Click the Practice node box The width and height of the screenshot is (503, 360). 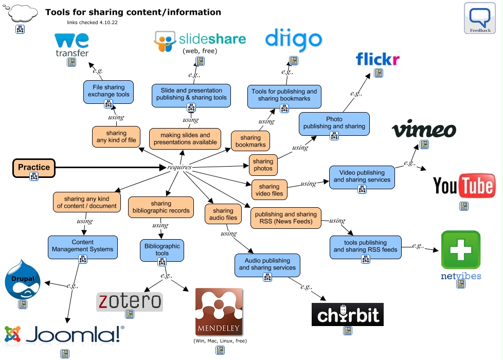[x=34, y=167]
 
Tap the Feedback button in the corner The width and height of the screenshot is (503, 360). [x=480, y=18]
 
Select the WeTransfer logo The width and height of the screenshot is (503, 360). [x=71, y=45]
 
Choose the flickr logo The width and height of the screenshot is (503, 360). [x=378, y=59]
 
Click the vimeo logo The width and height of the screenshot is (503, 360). [x=424, y=130]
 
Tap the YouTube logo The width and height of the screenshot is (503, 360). [x=464, y=186]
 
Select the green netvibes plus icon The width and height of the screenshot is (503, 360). [x=460, y=250]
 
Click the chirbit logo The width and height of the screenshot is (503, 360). [x=348, y=314]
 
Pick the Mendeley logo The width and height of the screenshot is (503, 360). [x=219, y=312]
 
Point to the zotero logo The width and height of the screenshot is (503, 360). [x=130, y=301]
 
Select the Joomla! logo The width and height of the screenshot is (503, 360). [x=64, y=334]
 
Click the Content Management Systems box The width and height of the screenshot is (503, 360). [x=83, y=246]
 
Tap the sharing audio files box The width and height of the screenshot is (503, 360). [x=223, y=214]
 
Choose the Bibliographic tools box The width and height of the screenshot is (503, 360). [x=162, y=249]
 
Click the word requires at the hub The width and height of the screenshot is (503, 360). [x=179, y=167]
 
